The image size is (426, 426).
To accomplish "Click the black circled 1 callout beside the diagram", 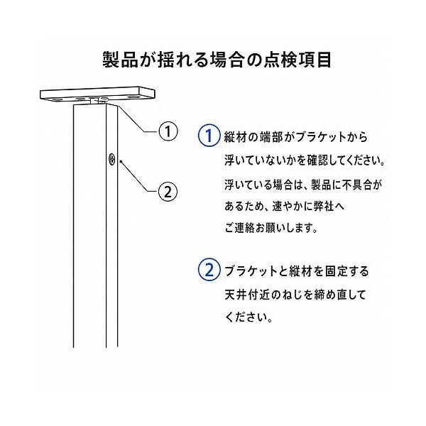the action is (x=168, y=131).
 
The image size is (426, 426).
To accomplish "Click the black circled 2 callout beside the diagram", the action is (x=168, y=192).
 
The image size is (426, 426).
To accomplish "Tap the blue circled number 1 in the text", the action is (x=209, y=136).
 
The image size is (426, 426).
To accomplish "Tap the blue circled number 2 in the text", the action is (x=209, y=270).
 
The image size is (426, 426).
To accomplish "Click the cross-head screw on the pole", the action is (x=111, y=158).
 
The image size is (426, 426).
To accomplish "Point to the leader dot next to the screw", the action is (x=121, y=162).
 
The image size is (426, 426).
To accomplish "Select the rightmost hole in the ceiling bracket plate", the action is (x=133, y=97).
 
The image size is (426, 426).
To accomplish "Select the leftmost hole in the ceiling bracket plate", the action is (x=57, y=100).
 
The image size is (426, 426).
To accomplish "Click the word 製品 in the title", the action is (x=121, y=60).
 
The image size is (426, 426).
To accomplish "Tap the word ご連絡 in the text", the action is (x=239, y=228).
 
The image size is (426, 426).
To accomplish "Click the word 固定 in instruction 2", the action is (x=336, y=271).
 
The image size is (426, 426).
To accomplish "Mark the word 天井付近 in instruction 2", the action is (x=246, y=295).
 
